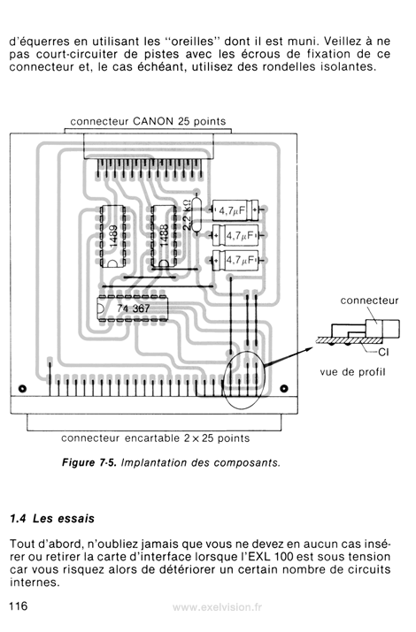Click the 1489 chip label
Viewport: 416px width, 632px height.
click(114, 237)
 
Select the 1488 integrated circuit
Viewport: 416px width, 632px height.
click(164, 236)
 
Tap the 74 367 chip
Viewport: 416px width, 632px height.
click(133, 308)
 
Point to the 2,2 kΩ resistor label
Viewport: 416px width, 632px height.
click(187, 215)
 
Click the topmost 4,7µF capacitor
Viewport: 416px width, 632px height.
click(235, 209)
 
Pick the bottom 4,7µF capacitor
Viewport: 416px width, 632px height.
click(235, 260)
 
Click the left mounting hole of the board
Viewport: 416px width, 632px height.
click(23, 389)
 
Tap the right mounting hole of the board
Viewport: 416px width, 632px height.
click(284, 389)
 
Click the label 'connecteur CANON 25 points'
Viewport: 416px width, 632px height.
click(148, 121)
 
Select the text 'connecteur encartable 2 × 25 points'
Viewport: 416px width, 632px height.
click(156, 438)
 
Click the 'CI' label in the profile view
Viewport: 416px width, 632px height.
click(384, 353)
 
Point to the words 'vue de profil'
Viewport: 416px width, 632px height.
click(352, 372)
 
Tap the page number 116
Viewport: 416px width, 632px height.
click(19, 605)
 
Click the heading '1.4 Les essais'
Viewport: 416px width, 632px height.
click(52, 518)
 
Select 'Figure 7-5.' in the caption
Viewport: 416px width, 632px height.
click(89, 462)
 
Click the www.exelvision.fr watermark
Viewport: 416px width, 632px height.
click(217, 607)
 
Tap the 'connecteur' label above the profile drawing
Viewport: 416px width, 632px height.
click(369, 301)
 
